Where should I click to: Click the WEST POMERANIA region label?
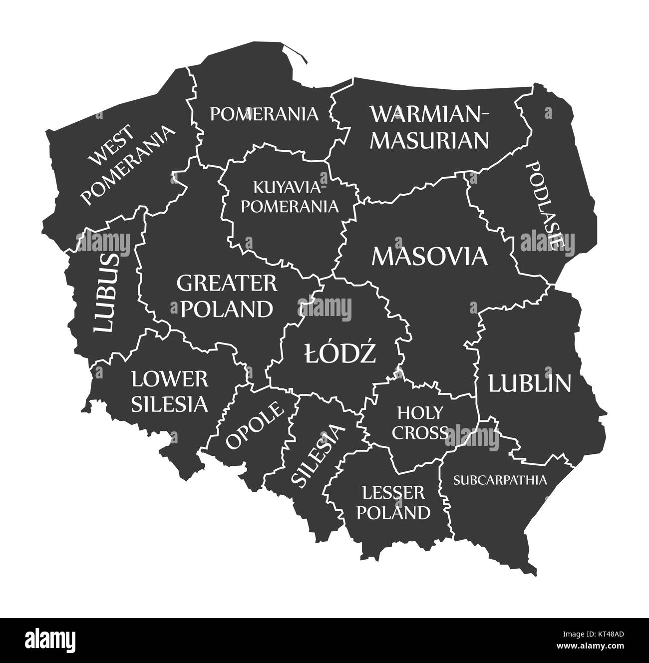[128, 165]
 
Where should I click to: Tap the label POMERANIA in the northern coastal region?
[264, 114]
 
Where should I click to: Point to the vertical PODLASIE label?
[545, 205]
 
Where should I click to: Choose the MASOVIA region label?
[429, 257]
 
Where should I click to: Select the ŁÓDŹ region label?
[340, 354]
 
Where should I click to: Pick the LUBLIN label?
[529, 383]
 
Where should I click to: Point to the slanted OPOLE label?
[254, 424]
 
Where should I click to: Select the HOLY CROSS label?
[419, 423]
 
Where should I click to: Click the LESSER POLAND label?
[393, 503]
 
